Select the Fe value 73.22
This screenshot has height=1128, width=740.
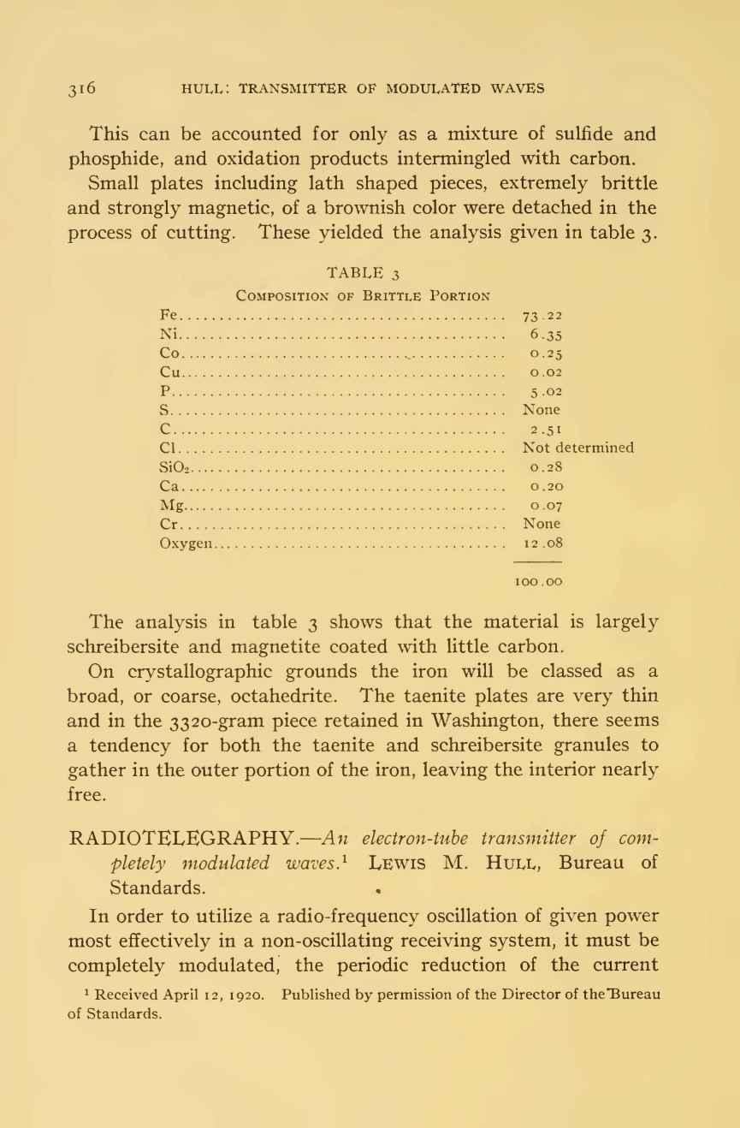(542, 316)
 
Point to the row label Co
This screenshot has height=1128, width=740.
(170, 353)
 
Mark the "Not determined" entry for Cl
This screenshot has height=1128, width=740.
(578, 448)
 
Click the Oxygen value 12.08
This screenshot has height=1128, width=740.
(542, 542)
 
